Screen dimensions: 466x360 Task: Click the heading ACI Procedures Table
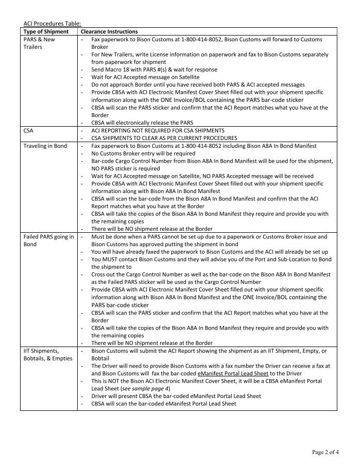52,23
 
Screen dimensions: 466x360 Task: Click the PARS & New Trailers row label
39,43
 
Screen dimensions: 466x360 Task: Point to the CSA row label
29,131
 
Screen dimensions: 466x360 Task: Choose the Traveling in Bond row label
45,146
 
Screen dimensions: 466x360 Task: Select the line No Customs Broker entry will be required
143,153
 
